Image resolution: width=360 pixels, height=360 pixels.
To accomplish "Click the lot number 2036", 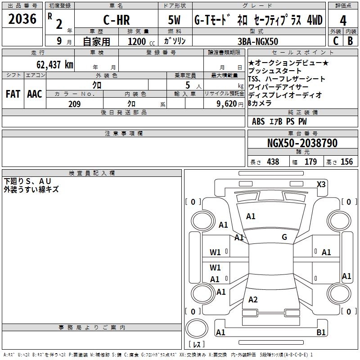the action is click(22, 18).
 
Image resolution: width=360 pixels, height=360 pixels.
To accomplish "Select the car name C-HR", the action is click(116, 20).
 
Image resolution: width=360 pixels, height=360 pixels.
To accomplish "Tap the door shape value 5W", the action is click(175, 20).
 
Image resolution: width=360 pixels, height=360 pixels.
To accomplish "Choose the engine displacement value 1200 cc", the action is click(137, 41).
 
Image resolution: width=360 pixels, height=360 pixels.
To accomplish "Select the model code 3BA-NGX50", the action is click(258, 41).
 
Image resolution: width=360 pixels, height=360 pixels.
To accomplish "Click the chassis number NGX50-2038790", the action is click(302, 143).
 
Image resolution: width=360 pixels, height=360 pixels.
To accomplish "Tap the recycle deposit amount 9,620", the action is click(226, 104).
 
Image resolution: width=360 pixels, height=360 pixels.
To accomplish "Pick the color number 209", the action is click(74, 104).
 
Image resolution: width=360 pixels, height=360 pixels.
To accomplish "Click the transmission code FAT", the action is click(13, 94).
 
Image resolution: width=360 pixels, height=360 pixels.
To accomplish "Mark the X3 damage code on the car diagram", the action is click(321, 184).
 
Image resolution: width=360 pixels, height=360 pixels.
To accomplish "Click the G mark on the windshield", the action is click(284, 237).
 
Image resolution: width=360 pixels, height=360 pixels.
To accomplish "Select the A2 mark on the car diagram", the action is click(253, 300).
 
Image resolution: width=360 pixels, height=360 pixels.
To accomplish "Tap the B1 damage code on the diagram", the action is click(321, 333).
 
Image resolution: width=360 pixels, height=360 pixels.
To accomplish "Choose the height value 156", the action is click(346, 162).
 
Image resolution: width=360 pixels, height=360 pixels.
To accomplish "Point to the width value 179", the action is click(310, 162).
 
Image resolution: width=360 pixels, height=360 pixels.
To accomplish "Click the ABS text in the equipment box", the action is click(258, 121).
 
